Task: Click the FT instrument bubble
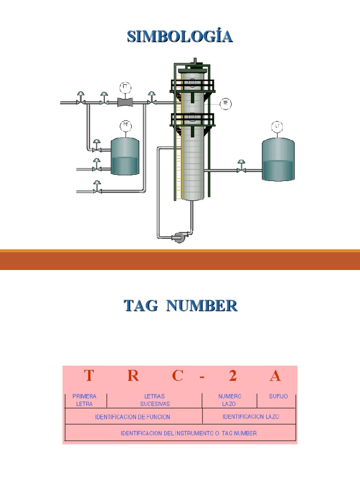pyautogui.click(x=125, y=87)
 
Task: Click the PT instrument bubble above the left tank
pyautogui.click(x=125, y=125)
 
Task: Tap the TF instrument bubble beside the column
pyautogui.click(x=226, y=104)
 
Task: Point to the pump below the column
pyautogui.click(x=180, y=237)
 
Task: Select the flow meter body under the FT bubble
pyautogui.click(x=125, y=102)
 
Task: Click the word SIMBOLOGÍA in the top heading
pyautogui.click(x=180, y=37)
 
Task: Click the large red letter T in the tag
pyautogui.click(x=89, y=375)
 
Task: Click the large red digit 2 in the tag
pyautogui.click(x=233, y=375)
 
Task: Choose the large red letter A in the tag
pyautogui.click(x=276, y=375)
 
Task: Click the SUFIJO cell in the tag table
pyautogui.click(x=278, y=397)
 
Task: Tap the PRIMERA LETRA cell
pyautogui.click(x=84, y=400)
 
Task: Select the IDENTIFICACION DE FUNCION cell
pyautogui.click(x=133, y=417)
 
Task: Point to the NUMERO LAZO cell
pyautogui.click(x=230, y=400)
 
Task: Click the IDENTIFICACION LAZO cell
pyautogui.click(x=251, y=416)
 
